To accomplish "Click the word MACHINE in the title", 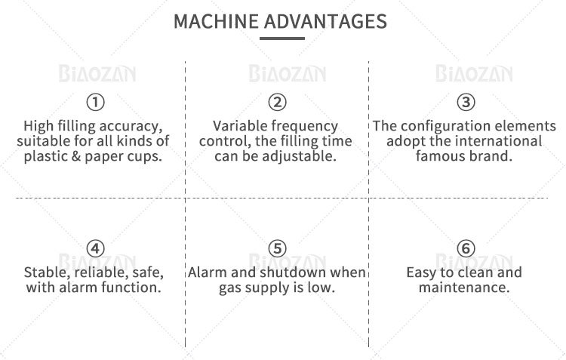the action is [x=217, y=21].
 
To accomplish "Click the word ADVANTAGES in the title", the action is [x=325, y=21].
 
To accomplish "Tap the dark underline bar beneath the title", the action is [x=282, y=38].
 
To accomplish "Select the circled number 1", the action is [x=96, y=102].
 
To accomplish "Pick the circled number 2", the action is [x=277, y=102].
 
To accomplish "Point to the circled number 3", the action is [x=466, y=102].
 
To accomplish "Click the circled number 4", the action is [x=96, y=248].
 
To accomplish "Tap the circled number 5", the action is [x=277, y=248].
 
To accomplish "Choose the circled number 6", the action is [x=466, y=248].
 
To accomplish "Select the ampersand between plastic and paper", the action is [x=75, y=156].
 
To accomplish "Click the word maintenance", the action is [x=464, y=288].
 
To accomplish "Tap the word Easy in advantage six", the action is [x=421, y=273].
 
